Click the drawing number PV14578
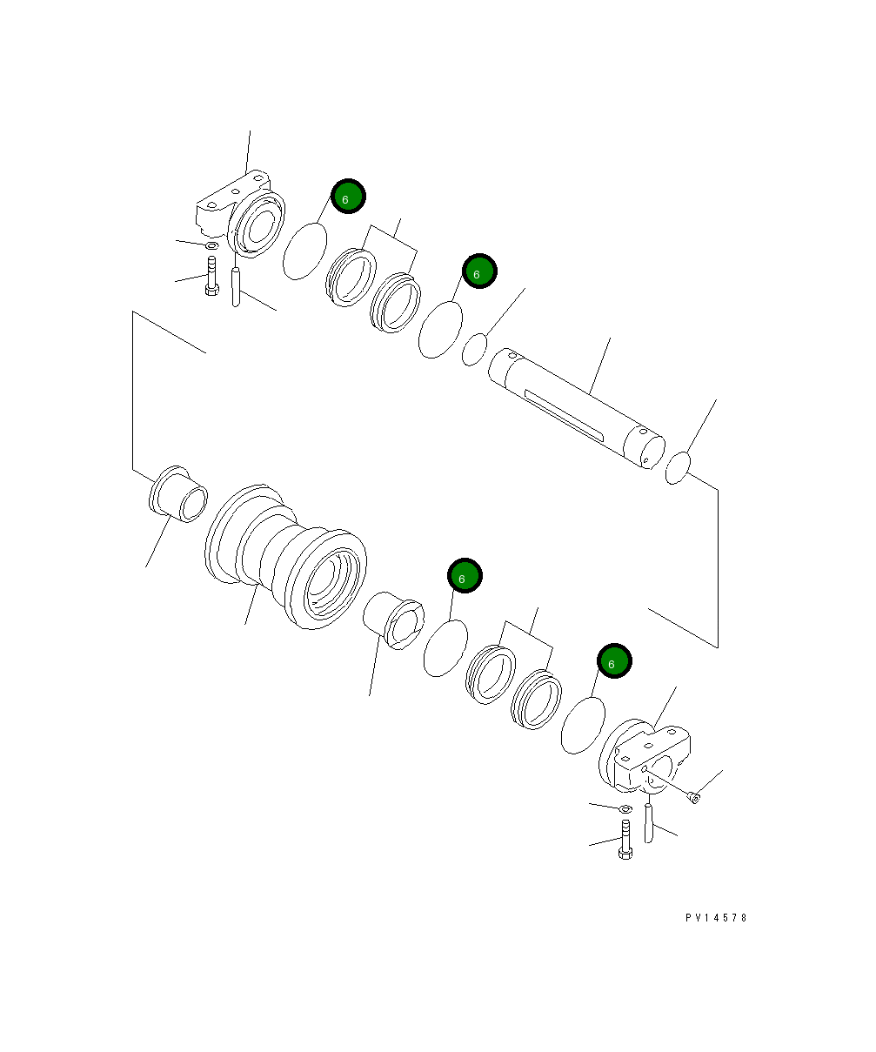715,918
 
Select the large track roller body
287,557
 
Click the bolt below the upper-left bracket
211,276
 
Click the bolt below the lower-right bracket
625,839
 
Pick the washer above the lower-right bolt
625,810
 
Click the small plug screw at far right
692,796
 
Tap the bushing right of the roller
394,619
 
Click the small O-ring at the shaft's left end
474,350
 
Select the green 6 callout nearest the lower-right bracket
614,662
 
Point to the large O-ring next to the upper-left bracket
305,251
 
